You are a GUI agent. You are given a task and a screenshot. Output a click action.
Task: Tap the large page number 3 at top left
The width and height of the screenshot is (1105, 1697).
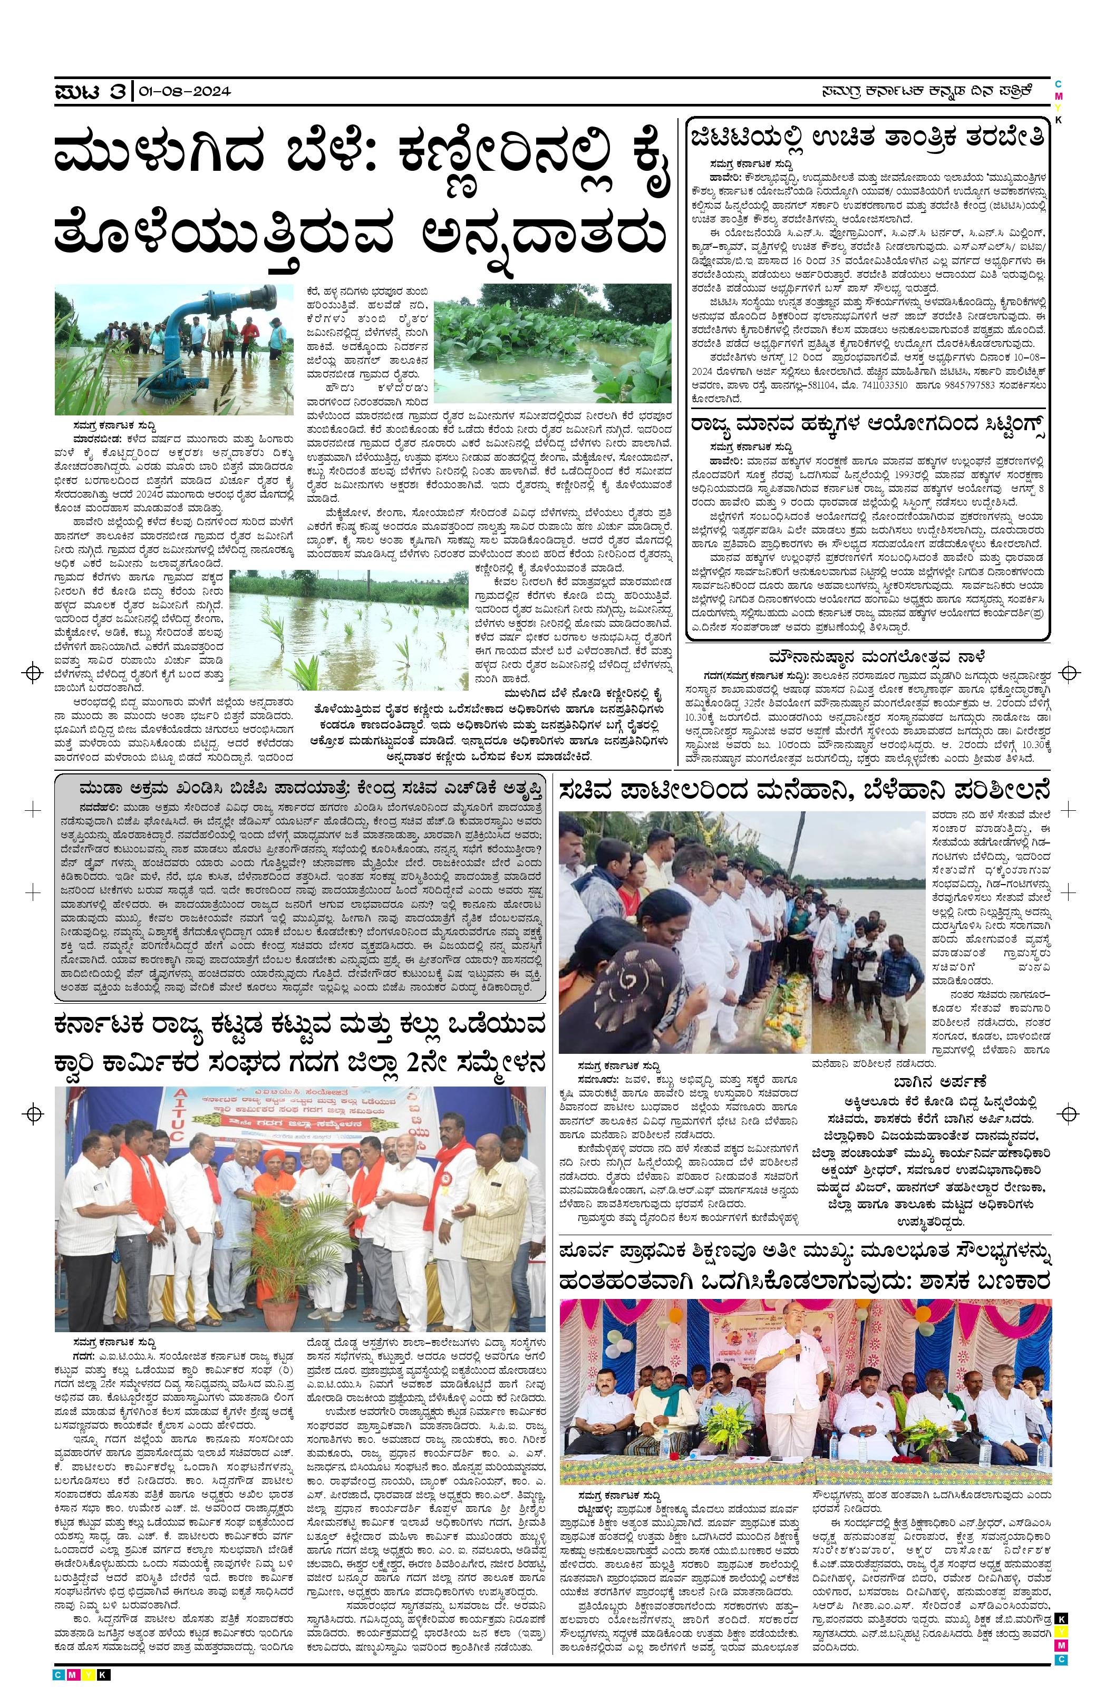click(x=118, y=91)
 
